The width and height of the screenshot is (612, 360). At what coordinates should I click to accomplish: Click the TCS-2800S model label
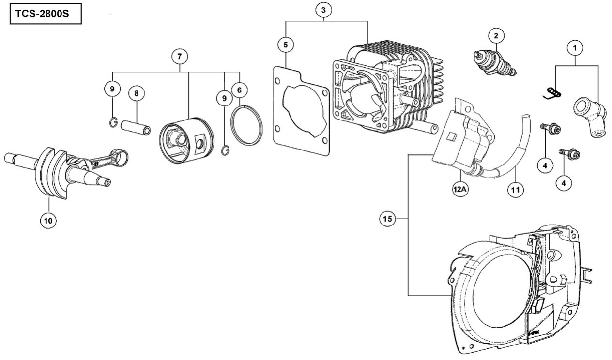(42, 14)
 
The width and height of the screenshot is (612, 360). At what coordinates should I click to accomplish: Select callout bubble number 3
(323, 10)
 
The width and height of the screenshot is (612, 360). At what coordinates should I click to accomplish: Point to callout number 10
(48, 221)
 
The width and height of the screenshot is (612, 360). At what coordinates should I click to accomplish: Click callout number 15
(387, 219)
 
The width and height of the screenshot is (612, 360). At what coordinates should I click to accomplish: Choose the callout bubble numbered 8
(137, 94)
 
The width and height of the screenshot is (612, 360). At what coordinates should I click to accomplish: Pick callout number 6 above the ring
(239, 90)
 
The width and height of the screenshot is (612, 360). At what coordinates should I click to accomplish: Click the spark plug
(495, 63)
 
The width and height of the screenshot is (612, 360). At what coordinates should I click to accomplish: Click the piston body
(186, 140)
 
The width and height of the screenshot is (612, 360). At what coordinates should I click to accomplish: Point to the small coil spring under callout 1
(552, 93)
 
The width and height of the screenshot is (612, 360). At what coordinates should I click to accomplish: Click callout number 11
(516, 190)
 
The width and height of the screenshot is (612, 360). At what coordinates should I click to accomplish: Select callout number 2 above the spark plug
(496, 35)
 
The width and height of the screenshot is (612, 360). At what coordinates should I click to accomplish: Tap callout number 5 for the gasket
(286, 45)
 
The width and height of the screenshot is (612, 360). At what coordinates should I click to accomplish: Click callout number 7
(180, 57)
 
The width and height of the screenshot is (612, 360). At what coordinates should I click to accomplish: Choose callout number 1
(575, 48)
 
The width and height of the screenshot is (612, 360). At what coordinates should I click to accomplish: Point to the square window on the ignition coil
(451, 136)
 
